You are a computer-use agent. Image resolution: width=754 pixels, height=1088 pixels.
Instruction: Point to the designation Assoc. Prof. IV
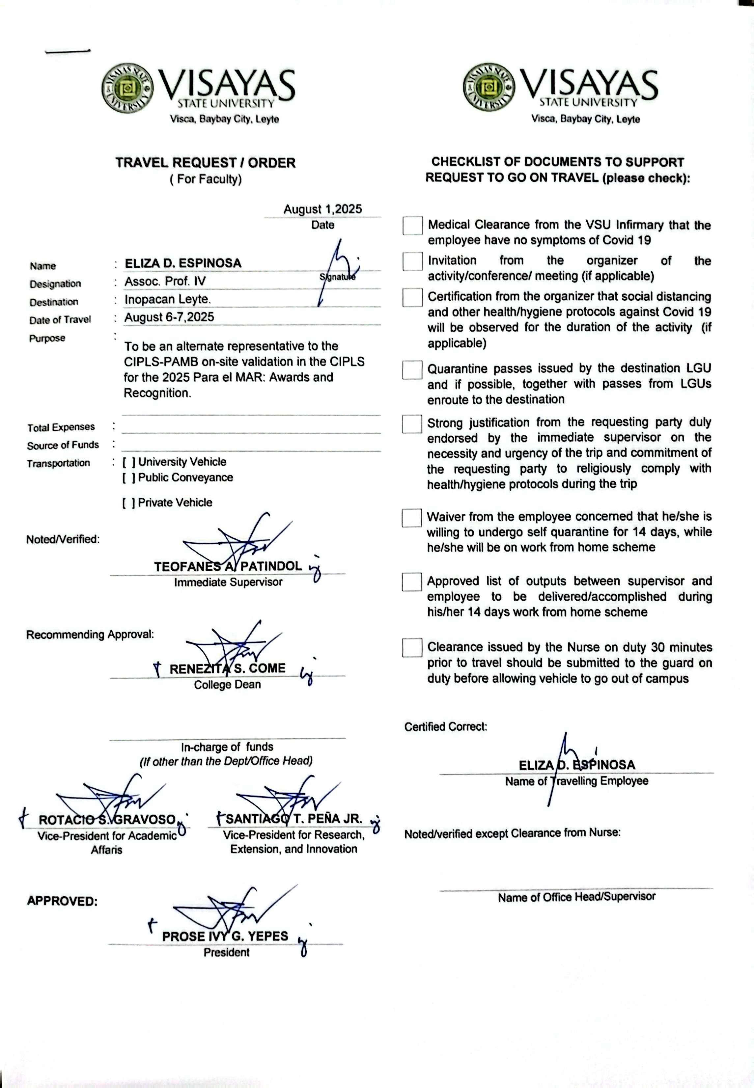pos(165,282)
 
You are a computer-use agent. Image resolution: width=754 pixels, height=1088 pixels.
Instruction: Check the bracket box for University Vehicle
pos(129,462)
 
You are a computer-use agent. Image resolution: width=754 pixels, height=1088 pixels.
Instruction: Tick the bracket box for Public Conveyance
pos(129,477)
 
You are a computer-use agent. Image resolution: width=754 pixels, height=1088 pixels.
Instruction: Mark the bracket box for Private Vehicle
pos(129,503)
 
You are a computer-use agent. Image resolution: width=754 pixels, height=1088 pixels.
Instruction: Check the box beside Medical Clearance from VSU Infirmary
pos(412,226)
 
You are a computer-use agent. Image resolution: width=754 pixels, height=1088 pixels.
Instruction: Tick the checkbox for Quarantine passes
pos(412,370)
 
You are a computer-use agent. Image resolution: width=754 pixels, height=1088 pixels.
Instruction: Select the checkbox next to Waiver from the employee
pos(411,518)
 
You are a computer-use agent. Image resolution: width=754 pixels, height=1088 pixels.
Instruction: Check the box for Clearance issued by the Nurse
pos(412,647)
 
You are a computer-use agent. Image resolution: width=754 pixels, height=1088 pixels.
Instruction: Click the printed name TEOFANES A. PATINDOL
pos(228,566)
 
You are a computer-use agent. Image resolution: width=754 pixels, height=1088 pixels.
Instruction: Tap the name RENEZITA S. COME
pos(227,669)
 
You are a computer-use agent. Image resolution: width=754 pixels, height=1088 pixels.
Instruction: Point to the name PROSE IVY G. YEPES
pos(225,937)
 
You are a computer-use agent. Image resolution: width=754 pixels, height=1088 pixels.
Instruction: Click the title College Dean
pos(227,685)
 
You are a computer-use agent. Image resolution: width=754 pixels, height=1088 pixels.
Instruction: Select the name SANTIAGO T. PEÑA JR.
pos(293,819)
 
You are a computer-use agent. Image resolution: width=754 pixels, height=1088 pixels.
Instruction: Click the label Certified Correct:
pos(445,727)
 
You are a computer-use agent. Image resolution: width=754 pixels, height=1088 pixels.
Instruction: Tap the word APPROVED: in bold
pos(62,901)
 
